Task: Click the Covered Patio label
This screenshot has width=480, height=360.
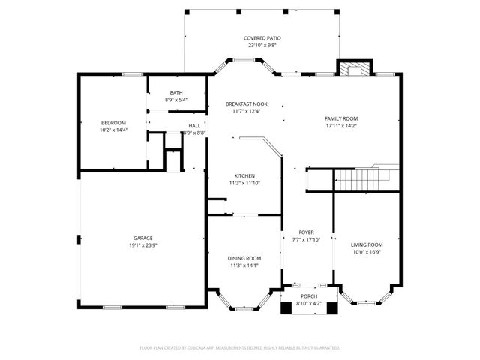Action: [x=259, y=38]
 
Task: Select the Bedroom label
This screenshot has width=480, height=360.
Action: [x=114, y=122]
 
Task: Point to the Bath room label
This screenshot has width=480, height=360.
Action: [x=176, y=92]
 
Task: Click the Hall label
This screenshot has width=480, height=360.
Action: [x=194, y=125]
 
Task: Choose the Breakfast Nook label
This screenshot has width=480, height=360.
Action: [x=247, y=104]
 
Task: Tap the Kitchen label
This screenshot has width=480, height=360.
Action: [x=244, y=176]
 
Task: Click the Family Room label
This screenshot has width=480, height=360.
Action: [x=341, y=118]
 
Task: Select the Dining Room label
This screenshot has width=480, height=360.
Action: [x=244, y=258]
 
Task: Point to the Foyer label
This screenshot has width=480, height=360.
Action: [x=306, y=232]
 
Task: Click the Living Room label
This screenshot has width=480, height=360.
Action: [x=367, y=244]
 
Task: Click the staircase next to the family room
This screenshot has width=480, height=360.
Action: [x=364, y=180]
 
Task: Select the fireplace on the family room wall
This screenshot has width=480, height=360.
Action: [x=353, y=68]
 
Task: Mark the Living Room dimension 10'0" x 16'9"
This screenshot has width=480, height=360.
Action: [x=367, y=252]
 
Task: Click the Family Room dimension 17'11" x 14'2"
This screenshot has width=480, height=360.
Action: [x=341, y=126]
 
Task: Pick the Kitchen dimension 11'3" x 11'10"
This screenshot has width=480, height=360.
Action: [x=244, y=183]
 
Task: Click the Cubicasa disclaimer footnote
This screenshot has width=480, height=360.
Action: [x=240, y=347]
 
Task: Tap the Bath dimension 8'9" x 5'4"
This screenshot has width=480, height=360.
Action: [x=176, y=100]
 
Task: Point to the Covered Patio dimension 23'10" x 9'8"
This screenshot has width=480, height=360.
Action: [x=259, y=46]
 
